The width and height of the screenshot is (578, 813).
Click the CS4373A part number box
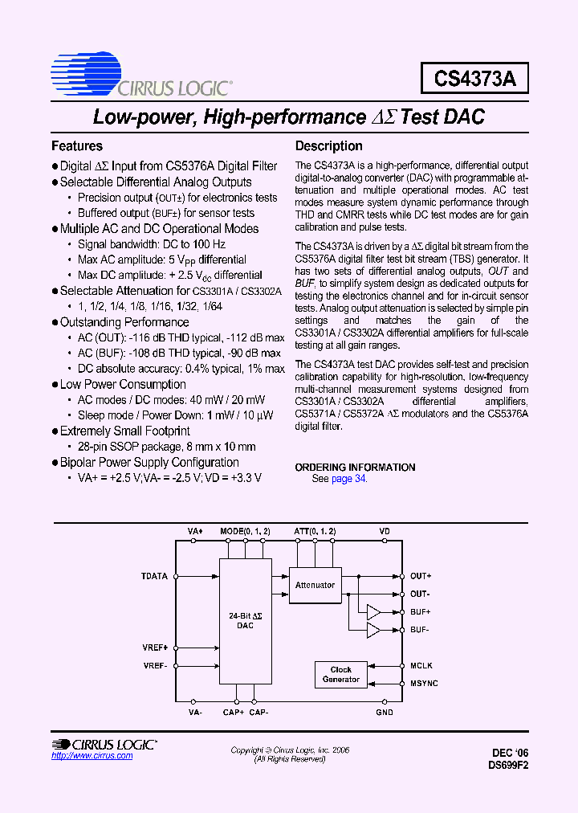(474, 79)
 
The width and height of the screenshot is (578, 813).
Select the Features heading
(77, 146)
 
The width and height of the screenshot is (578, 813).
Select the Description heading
(329, 146)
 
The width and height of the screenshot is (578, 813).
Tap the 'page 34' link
(348, 479)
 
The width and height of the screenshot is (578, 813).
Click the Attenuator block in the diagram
(315, 585)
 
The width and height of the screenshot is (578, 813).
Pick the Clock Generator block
(341, 675)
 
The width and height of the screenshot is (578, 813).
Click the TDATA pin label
(155, 576)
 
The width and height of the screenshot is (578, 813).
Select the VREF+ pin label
(156, 647)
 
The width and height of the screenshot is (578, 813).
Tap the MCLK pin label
(421, 665)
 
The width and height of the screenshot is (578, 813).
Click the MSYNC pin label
(424, 683)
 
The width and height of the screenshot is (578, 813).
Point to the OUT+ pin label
(421, 576)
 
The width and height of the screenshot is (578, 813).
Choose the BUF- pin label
(420, 630)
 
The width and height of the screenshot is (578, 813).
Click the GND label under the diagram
(385, 712)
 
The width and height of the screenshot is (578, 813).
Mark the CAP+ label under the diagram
(234, 712)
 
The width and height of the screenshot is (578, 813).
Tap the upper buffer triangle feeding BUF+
(373, 612)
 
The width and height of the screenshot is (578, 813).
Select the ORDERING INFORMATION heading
(355, 468)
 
